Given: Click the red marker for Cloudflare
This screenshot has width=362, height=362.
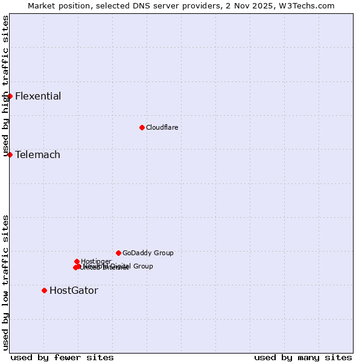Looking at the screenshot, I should click(142, 127).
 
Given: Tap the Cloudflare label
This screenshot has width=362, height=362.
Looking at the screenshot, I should click(162, 127).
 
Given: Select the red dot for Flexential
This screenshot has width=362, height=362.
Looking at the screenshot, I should click(10, 96).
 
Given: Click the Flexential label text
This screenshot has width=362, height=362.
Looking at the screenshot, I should click(38, 97).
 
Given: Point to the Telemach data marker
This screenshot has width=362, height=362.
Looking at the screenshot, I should click(10, 154).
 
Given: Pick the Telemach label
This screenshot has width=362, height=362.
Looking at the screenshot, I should click(37, 155).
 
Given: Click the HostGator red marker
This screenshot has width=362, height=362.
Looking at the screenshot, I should click(44, 290).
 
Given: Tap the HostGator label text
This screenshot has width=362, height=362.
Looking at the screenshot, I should click(74, 291).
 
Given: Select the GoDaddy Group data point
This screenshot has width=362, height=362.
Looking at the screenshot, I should click(118, 253).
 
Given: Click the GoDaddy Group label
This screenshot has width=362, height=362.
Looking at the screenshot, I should click(148, 253).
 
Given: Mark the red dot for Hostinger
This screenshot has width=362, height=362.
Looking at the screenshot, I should click(77, 261).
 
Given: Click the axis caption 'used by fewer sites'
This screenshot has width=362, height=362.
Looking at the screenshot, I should click(62, 357).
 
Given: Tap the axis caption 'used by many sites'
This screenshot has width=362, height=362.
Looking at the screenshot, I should click(303, 357).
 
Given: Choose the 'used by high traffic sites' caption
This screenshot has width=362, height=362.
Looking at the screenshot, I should click(5, 86).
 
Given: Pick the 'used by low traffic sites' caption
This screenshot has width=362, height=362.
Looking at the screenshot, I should click(5, 282).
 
